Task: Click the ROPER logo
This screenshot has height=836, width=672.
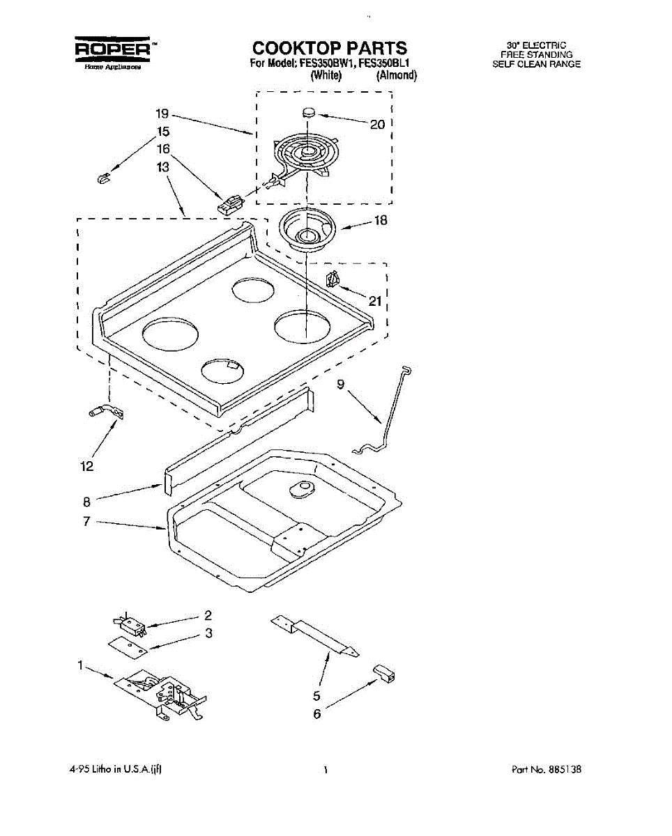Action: (x=115, y=49)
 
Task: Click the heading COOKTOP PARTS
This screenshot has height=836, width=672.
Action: (x=330, y=48)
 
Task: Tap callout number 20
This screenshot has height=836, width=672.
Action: (x=377, y=125)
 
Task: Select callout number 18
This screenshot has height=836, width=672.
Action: (x=381, y=221)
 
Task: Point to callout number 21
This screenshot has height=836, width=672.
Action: (x=376, y=301)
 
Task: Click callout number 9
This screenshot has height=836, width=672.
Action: (x=341, y=383)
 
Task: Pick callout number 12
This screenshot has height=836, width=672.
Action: (x=86, y=467)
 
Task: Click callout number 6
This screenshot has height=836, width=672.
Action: (x=317, y=714)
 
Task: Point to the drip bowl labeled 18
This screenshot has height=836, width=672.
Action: (x=307, y=230)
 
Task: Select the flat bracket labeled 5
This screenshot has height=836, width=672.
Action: (x=317, y=635)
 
